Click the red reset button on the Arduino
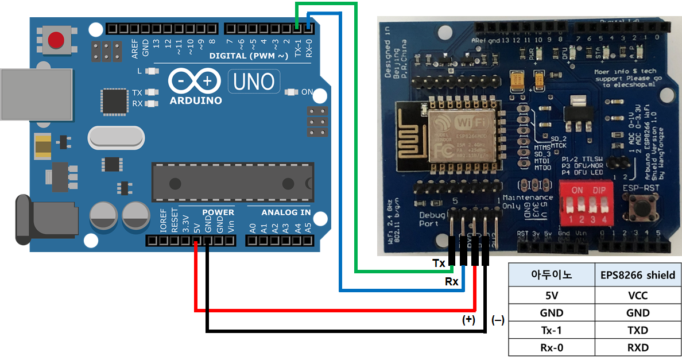click(x=56, y=40)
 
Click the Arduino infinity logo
click(x=194, y=82)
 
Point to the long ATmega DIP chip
click(x=232, y=182)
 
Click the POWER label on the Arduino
click(x=218, y=212)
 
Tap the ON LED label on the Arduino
click(x=307, y=92)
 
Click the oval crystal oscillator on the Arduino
click(x=117, y=138)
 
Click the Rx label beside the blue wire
click(x=452, y=282)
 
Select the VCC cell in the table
click(x=637, y=296)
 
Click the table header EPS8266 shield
click(x=637, y=275)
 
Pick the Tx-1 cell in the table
click(x=552, y=330)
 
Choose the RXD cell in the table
click(x=637, y=347)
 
